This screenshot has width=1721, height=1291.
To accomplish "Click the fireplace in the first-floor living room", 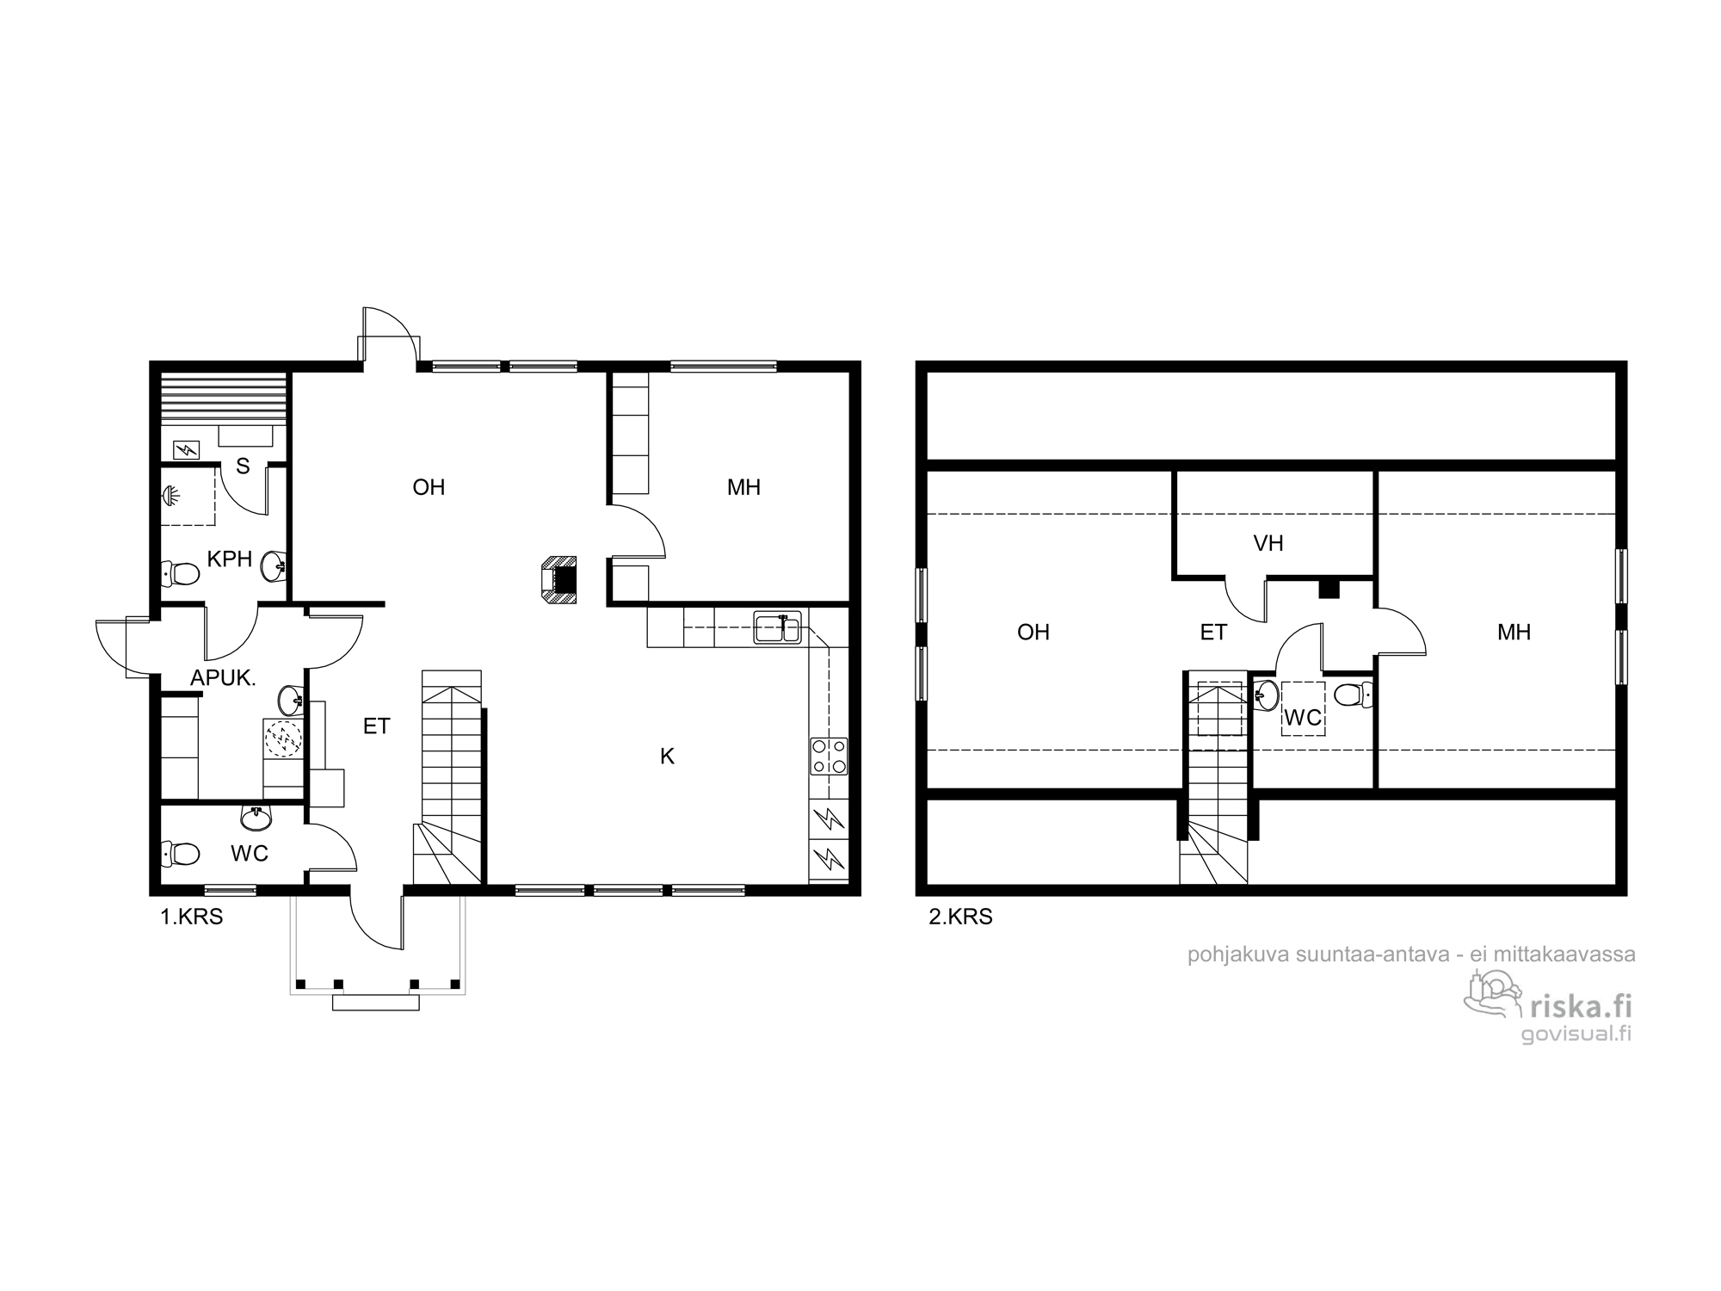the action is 559,578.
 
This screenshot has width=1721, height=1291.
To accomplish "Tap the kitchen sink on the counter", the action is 778,627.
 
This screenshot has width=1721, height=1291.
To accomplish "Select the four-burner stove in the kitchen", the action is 829,757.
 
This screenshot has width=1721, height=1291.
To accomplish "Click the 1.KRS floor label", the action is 192,917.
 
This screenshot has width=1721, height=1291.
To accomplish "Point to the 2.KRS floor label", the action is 960,917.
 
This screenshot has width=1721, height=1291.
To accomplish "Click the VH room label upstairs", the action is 1268,543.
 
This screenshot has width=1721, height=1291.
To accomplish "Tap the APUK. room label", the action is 224,678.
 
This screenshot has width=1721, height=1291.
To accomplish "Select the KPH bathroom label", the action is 230,559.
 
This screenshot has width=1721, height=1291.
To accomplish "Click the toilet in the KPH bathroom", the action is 181,572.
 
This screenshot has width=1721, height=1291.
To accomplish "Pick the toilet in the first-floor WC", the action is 181,854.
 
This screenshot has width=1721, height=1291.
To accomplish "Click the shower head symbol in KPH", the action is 170,497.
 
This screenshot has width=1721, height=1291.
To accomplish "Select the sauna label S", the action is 243,466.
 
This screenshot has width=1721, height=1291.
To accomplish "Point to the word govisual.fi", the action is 1576,1035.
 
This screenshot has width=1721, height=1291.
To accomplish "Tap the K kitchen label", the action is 667,757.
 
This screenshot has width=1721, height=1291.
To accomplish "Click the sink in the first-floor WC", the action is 256,818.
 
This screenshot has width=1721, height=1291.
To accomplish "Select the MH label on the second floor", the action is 1514,633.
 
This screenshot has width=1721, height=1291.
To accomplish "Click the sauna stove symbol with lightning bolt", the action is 187,449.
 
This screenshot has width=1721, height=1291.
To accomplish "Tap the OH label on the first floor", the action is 429,488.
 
